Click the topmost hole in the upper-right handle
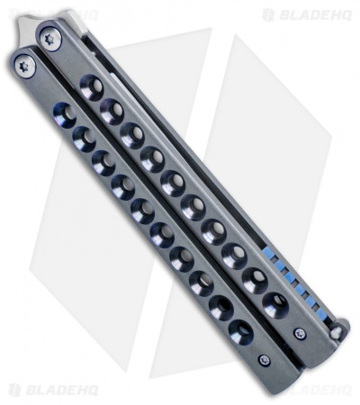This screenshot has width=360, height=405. [x=91, y=89]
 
